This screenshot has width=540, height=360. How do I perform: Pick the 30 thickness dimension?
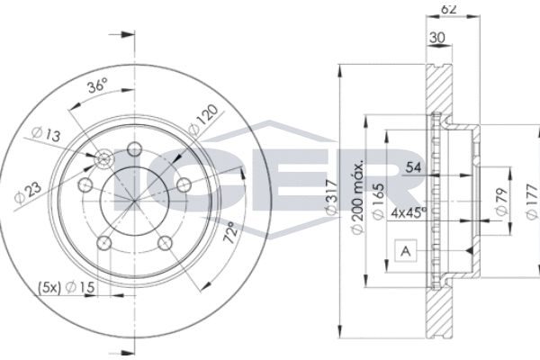pyautogui.click(x=439, y=39)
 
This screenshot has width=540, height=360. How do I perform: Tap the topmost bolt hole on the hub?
pyautogui.click(x=135, y=149)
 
